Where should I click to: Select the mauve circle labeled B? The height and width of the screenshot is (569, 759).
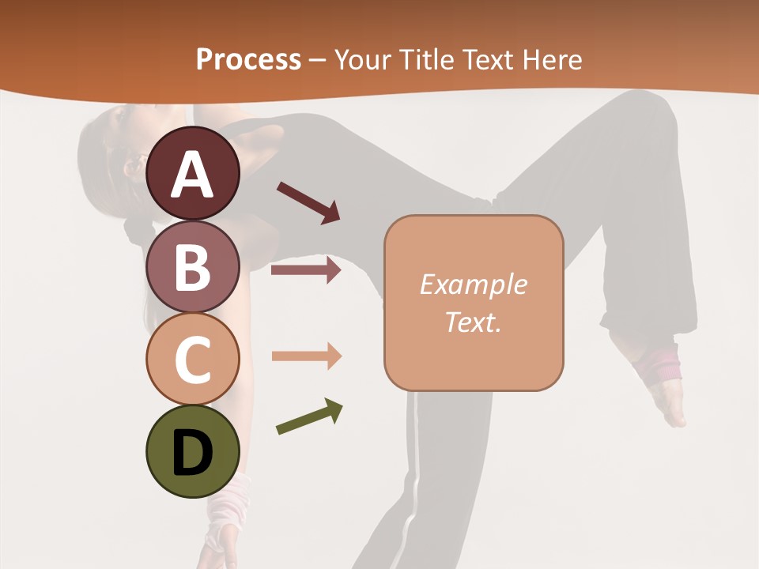pos(193,266)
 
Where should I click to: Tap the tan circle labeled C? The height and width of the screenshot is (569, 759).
pos(193,359)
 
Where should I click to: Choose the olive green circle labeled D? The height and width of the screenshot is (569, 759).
pos(193,451)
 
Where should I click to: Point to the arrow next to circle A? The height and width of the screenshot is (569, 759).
pos(308,202)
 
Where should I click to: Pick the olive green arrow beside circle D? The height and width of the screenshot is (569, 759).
pos(309,416)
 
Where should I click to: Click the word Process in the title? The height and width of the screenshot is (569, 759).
pos(248,59)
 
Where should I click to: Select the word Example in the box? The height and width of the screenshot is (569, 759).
pos(473,284)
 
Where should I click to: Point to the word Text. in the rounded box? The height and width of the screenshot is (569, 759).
pos(473,322)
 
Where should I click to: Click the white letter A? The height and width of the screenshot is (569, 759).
pos(193,175)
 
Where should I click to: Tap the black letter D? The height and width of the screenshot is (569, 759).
pos(193,454)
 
